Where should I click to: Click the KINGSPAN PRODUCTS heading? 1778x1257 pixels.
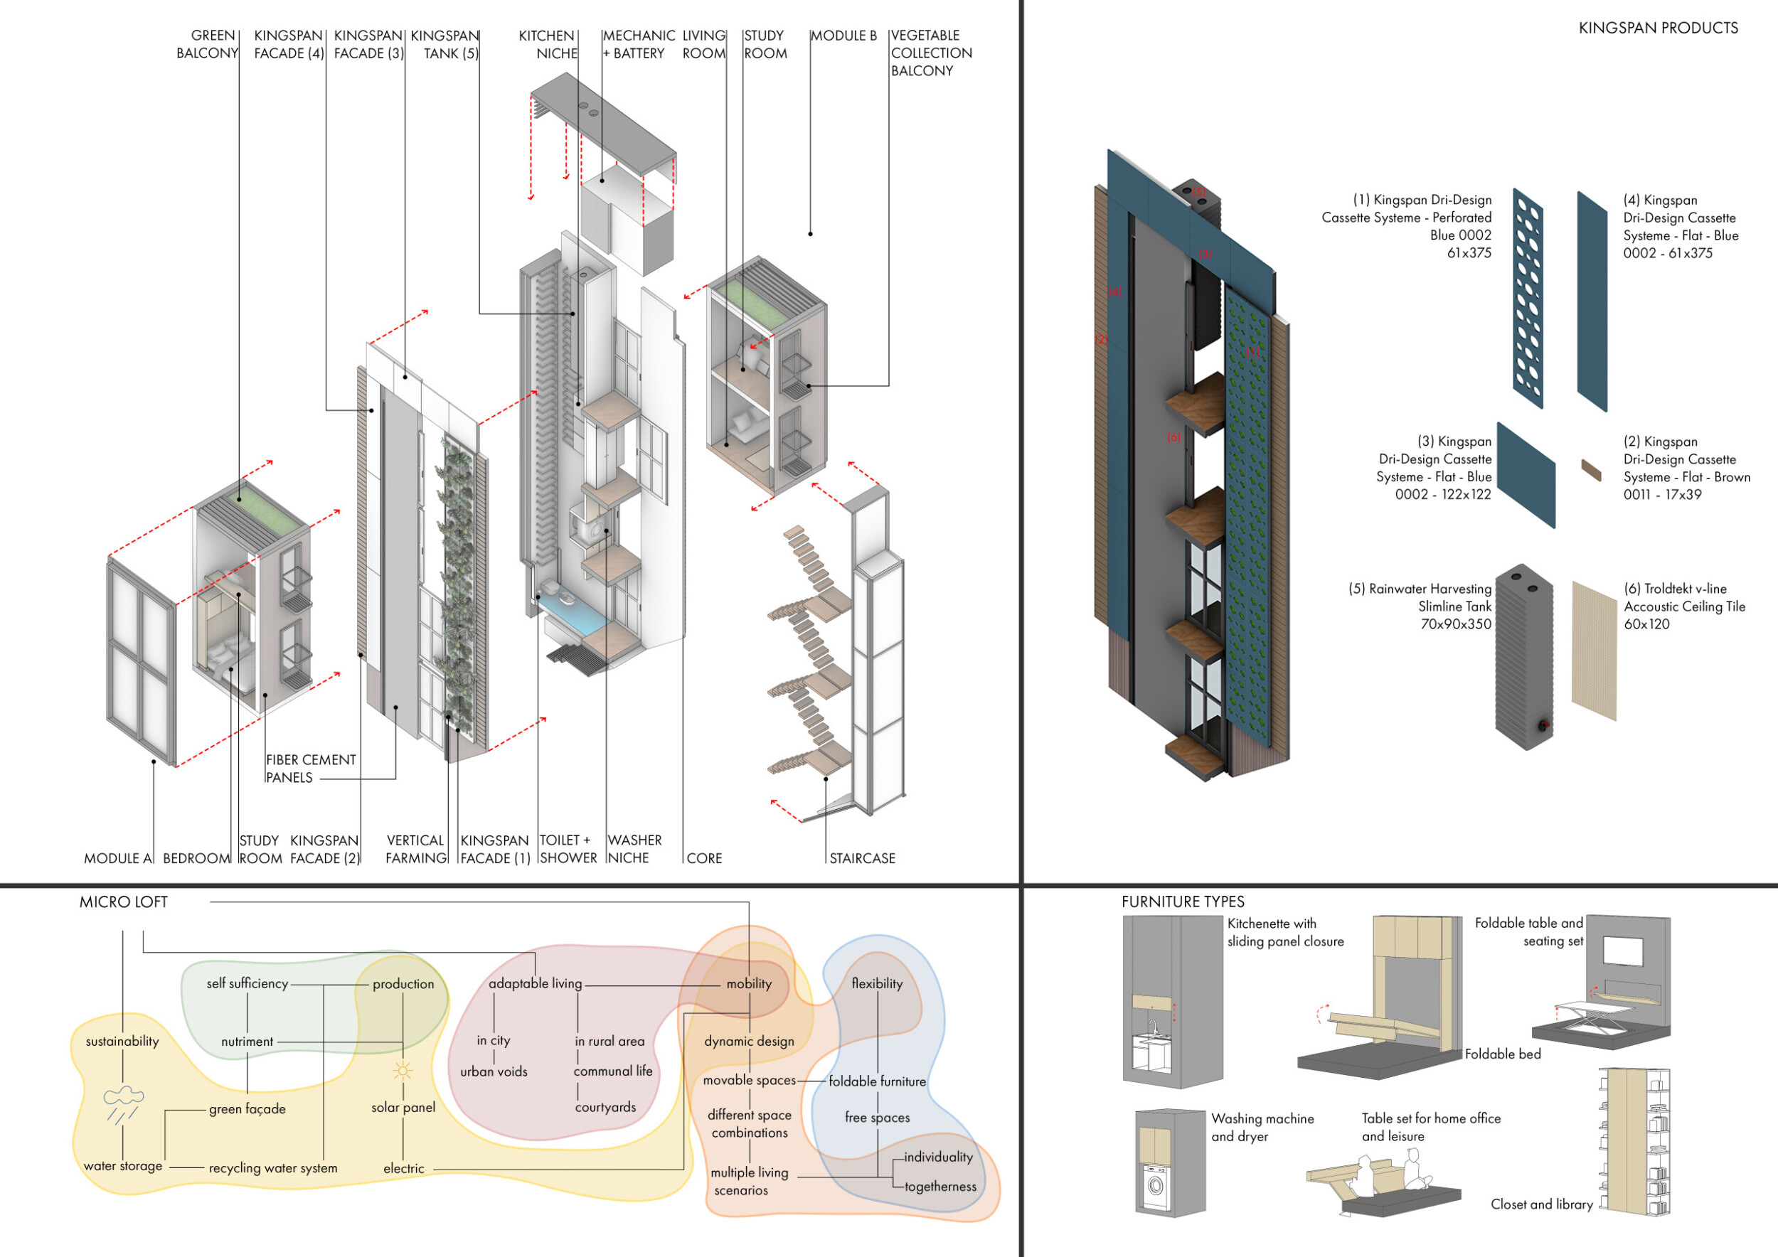point(1658,28)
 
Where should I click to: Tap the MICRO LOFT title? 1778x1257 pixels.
point(123,902)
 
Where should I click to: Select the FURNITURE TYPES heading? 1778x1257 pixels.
point(1183,902)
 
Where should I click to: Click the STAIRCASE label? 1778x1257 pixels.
point(862,858)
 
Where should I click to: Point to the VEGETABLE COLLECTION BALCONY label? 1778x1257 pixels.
point(931,53)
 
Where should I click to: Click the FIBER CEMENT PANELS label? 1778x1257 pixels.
point(311,769)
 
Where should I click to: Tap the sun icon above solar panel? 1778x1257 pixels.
point(403,1071)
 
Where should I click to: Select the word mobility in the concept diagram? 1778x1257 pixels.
point(749,984)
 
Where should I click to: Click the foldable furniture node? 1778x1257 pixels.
point(878,1081)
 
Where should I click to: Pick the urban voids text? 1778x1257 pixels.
point(494,1072)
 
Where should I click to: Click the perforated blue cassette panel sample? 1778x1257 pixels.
point(1528,299)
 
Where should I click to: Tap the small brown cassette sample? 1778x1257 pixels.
point(1590,470)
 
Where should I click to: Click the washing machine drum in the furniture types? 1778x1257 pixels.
point(1156,1185)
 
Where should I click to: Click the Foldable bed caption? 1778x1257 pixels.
point(1502,1054)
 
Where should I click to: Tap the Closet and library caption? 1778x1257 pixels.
point(1541,1204)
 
